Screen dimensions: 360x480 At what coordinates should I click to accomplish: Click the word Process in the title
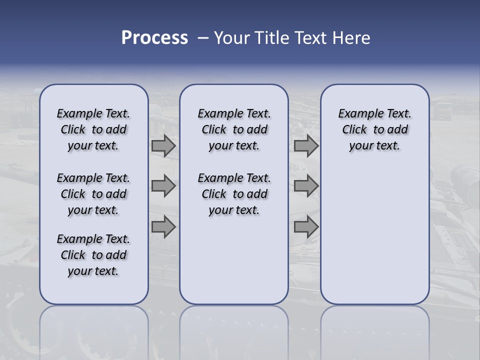(154, 37)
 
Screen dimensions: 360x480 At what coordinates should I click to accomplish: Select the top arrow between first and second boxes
(163, 145)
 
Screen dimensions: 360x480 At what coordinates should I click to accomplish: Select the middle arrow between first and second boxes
(163, 186)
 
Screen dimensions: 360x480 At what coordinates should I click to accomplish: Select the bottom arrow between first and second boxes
(163, 227)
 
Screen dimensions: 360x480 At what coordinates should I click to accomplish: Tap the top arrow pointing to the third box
(305, 145)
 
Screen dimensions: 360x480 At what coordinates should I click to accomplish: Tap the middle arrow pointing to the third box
(305, 186)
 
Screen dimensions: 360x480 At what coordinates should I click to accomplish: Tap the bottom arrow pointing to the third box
(305, 227)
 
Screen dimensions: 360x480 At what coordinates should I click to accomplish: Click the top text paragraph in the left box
(93, 129)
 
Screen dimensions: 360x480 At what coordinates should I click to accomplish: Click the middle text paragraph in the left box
(93, 194)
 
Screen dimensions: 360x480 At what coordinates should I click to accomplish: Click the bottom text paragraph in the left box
(93, 255)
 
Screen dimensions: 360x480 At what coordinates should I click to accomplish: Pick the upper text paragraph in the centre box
(234, 129)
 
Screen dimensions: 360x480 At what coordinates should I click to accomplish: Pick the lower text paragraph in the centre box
(234, 194)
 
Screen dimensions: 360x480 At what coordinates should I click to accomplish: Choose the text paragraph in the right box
(374, 129)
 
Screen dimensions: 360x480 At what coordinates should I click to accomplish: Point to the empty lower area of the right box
(374, 235)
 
